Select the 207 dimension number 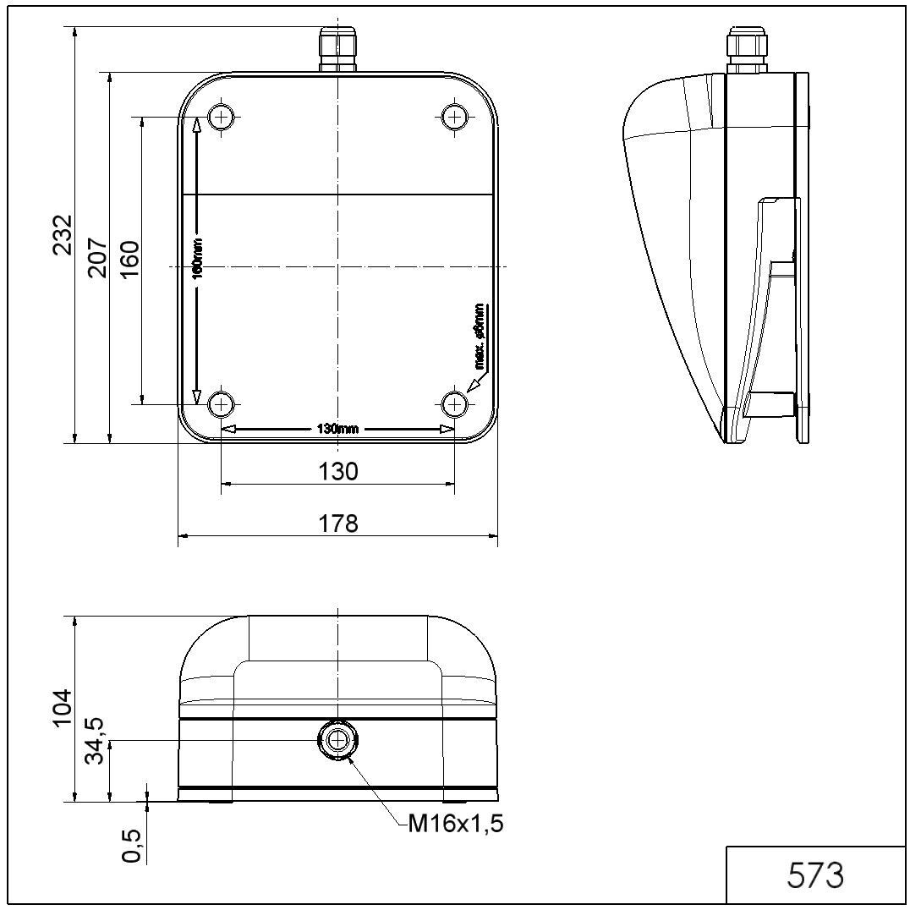[97, 256]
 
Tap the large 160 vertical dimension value [129, 260]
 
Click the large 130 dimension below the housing [338, 471]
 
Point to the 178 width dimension [338, 524]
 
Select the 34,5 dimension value [96, 740]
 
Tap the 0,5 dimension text [131, 845]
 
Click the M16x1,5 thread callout [455, 823]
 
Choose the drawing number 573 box [816, 875]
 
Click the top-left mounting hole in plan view [222, 116]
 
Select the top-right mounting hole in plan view [455, 116]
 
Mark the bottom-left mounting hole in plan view [222, 404]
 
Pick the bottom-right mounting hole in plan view [455, 404]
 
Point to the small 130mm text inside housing [337, 429]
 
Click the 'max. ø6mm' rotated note [480, 337]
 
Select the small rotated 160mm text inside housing [196, 264]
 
